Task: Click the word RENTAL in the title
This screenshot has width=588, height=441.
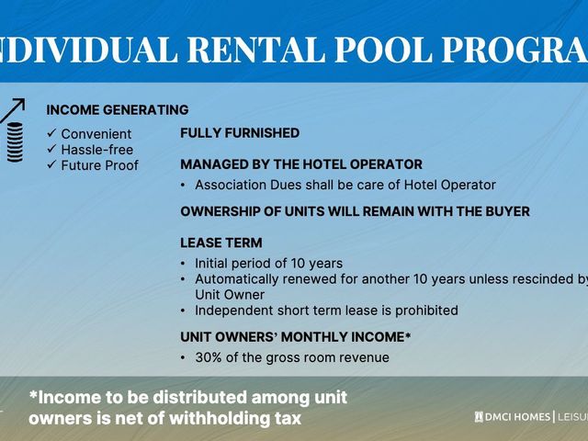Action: coord(255,50)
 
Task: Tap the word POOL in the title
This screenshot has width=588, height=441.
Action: coord(382,50)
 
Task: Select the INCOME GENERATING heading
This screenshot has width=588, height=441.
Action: coord(118,110)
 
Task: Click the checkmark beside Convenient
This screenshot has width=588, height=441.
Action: coord(51,132)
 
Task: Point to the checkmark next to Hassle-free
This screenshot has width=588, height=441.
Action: coord(51,149)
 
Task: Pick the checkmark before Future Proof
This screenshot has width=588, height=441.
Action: coord(51,164)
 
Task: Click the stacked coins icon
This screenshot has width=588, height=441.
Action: coord(15,142)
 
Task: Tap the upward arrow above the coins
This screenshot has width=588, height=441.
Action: coord(13,110)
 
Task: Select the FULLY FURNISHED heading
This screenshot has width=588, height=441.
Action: coord(240,133)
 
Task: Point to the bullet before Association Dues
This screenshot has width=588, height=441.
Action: coord(183,185)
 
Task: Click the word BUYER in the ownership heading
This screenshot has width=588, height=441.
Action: coord(508,211)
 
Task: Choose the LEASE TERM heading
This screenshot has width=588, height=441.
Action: coord(221,243)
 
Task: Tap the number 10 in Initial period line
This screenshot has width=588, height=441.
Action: coord(298,264)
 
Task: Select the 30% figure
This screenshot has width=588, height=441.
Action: coord(209,357)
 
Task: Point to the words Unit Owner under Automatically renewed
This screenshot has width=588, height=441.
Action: coord(230,295)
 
